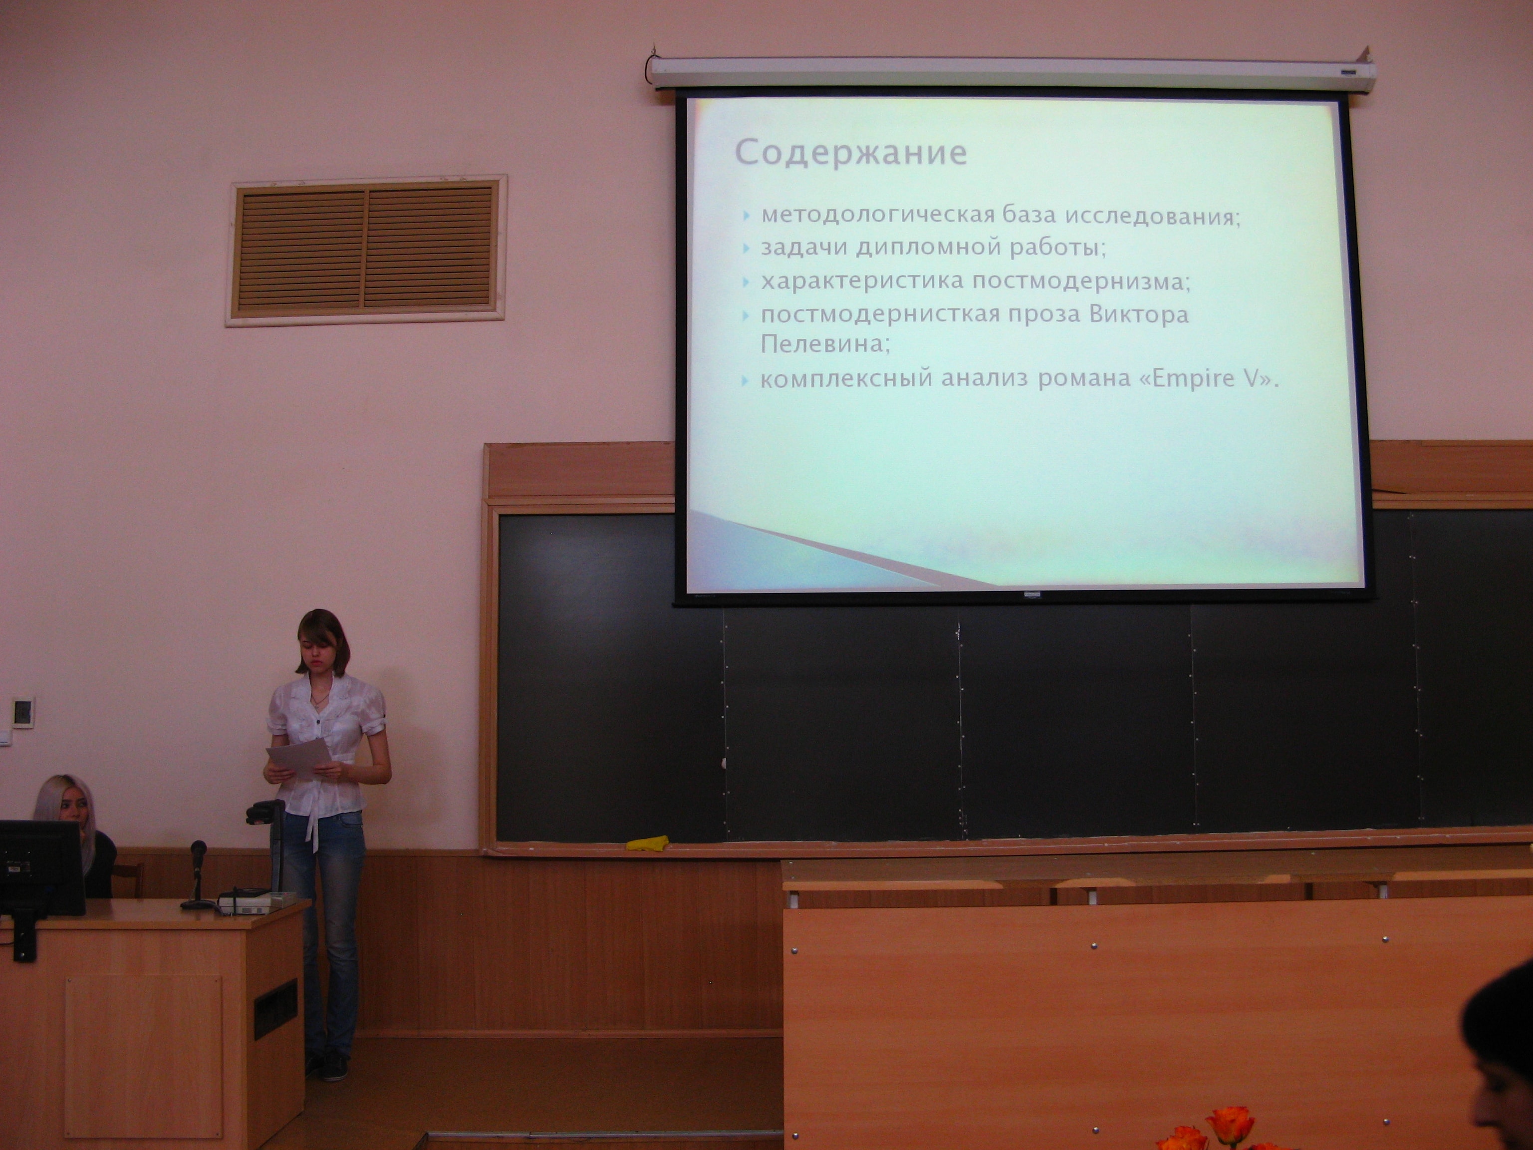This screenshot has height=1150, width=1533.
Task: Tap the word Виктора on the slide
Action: (x=1139, y=314)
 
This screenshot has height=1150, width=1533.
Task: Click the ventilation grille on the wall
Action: (x=366, y=250)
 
